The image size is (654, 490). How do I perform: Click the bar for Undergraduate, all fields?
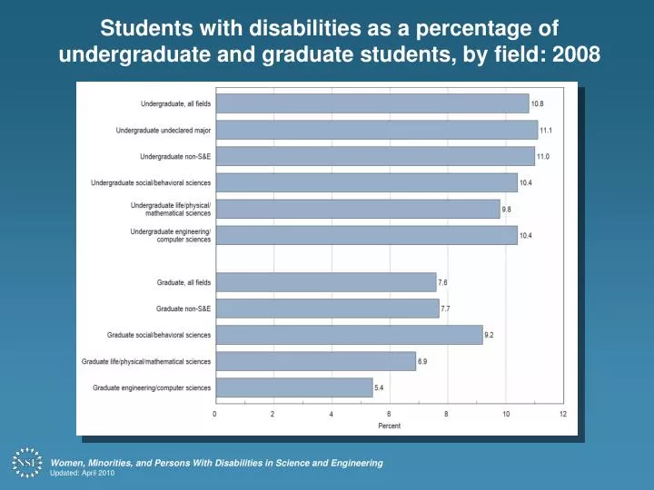coord(372,103)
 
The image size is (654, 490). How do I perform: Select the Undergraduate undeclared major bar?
coord(376,130)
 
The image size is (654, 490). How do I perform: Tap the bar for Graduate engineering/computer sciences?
coord(293,387)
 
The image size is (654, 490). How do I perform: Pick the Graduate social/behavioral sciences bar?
coord(349,335)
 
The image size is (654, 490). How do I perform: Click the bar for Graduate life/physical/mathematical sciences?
coord(315,361)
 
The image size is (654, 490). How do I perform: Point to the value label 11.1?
coord(546,130)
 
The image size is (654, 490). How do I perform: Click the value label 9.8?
coord(507,209)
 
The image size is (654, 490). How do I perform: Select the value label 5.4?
coord(380,387)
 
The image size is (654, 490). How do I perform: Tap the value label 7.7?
coord(446,309)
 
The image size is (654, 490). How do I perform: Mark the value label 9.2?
coord(490,335)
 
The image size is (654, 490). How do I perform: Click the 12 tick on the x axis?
coord(563,414)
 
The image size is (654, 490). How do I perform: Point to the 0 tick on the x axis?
coord(215,414)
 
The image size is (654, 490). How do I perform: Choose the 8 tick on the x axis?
coord(447,414)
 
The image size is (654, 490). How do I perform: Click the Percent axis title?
coord(389,426)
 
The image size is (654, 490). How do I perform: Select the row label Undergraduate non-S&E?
coord(175,156)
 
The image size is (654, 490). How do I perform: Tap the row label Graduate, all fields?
coord(183,282)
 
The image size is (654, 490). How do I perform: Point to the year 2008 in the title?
coord(575,54)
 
